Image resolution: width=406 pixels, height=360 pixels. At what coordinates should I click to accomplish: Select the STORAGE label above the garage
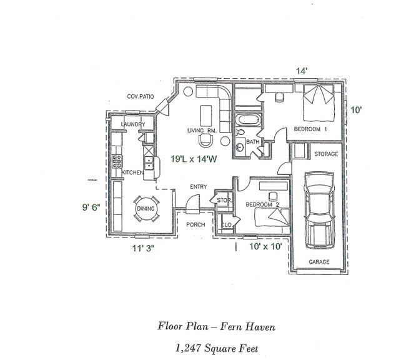(325, 154)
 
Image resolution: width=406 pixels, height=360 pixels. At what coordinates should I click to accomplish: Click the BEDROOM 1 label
(307, 129)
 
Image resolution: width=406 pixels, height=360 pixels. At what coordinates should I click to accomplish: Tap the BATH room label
(252, 142)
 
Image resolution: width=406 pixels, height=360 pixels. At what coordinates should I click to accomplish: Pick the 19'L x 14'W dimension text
(194, 159)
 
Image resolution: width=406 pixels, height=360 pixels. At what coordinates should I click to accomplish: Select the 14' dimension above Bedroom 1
(301, 71)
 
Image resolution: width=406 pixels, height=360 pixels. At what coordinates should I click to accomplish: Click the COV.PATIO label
(141, 96)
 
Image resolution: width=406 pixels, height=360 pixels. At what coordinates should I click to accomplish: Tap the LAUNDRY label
(132, 125)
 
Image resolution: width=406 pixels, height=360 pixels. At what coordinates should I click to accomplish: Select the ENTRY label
(199, 187)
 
